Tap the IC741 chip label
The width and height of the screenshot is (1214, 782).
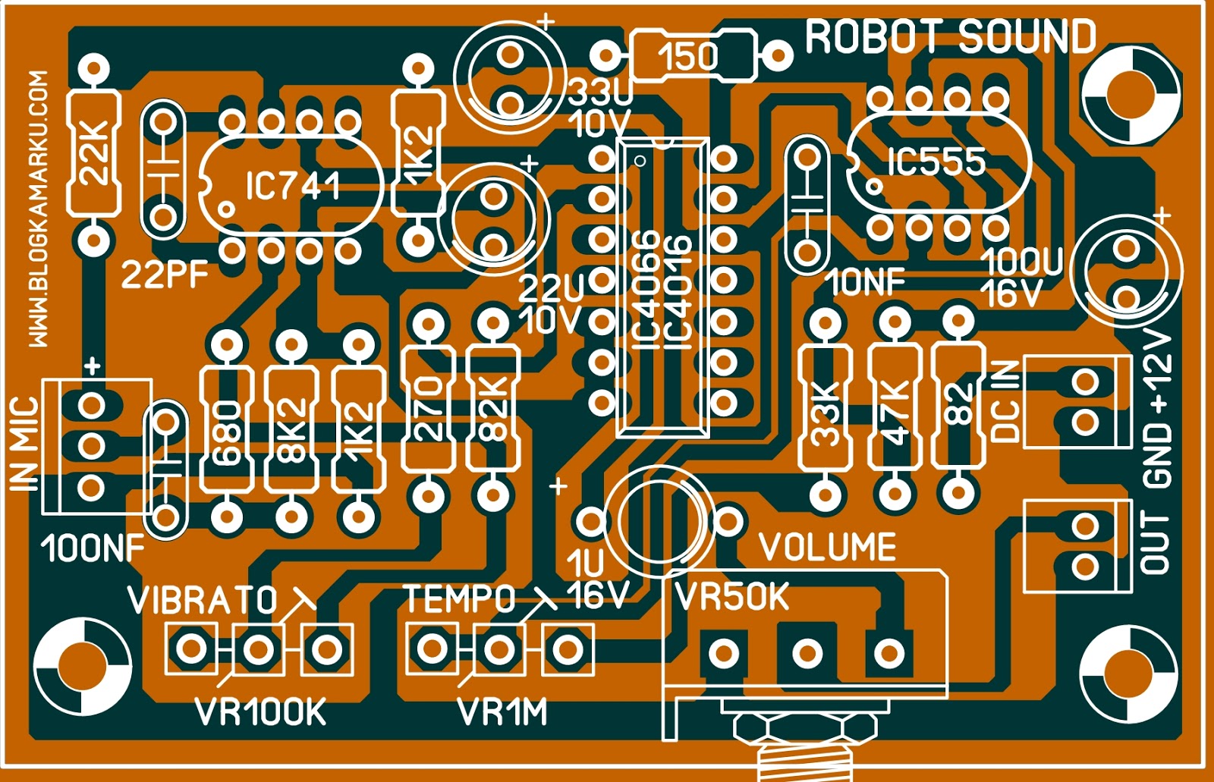coord(293,186)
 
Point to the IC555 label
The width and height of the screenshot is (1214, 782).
coord(937,162)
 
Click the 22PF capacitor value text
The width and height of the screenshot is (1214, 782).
coord(165,274)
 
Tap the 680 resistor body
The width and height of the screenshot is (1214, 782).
coord(226,430)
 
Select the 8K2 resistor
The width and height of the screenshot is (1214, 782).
coord(291,430)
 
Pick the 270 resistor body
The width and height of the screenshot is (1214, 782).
coord(429,410)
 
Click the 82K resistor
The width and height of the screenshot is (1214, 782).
coord(493,410)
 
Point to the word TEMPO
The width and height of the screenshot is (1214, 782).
coord(460,599)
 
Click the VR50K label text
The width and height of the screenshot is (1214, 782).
coord(733,598)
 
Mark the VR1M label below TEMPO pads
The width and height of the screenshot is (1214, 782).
coord(502,712)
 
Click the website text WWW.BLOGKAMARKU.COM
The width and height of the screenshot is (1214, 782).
coord(39,209)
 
